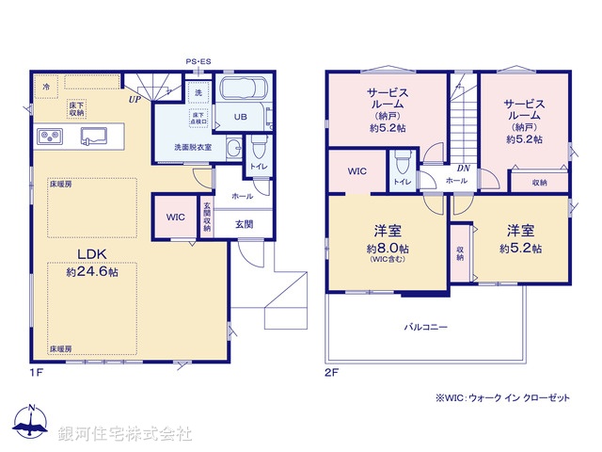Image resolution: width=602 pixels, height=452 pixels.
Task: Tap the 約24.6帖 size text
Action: click(x=92, y=271)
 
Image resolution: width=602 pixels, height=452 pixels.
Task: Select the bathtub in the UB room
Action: click(x=244, y=93)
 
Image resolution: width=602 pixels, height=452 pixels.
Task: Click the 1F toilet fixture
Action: click(x=259, y=147)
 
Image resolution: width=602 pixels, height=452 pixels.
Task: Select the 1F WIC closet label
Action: click(x=176, y=217)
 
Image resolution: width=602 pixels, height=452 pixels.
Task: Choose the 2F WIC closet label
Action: click(x=356, y=171)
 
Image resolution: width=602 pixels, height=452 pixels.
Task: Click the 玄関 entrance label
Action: click(x=244, y=223)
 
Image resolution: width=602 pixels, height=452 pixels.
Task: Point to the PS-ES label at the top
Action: click(x=198, y=61)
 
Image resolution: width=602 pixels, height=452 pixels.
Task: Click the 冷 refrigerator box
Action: click(x=46, y=86)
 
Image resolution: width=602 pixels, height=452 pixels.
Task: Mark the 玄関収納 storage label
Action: click(x=208, y=216)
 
